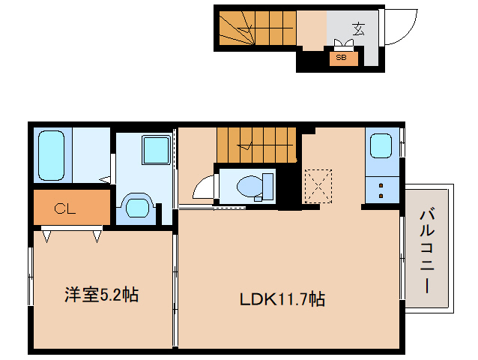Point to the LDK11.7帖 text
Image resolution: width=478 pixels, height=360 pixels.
(x=282, y=299)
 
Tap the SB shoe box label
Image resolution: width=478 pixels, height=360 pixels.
(x=341, y=57)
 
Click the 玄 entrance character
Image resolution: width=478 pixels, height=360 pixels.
(x=359, y=29)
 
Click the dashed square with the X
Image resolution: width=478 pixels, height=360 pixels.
(x=318, y=184)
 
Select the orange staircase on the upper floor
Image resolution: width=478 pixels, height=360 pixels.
(x=258, y=144)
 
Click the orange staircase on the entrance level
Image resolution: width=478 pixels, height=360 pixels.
(x=257, y=28)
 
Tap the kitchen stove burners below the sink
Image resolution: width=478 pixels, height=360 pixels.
(x=381, y=189)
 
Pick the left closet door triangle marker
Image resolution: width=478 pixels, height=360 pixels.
(x=47, y=236)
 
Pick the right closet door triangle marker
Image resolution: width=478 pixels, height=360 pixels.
(x=97, y=236)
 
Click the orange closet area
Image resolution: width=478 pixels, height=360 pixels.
(x=72, y=208)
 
